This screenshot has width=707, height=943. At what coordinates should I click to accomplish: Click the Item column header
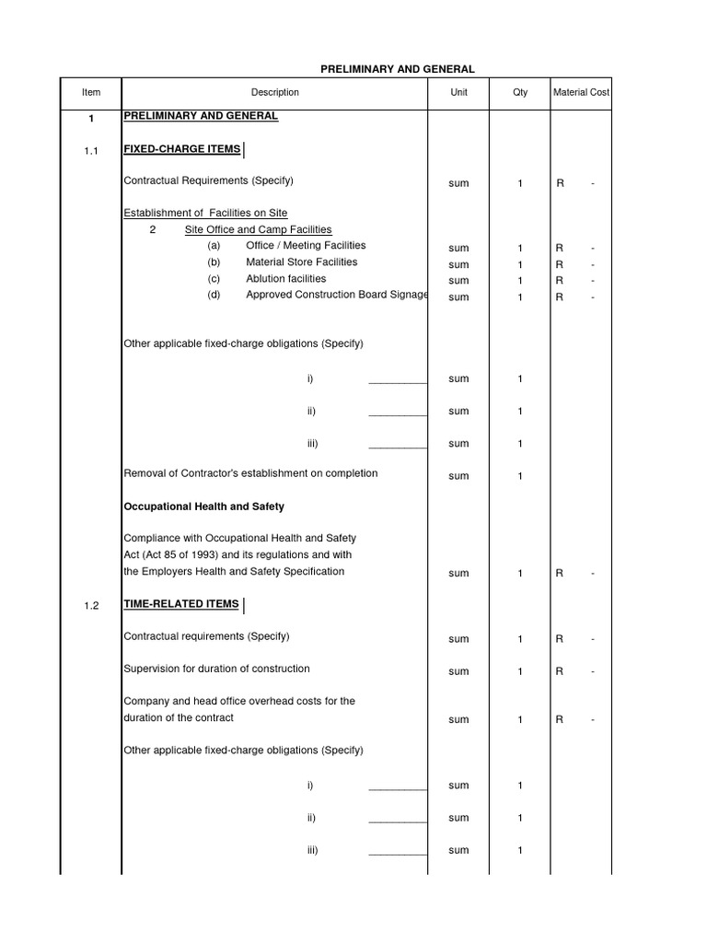coord(90,92)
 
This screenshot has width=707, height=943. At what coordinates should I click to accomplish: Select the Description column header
coord(274,92)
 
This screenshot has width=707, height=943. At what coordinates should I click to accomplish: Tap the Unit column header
coord(458,92)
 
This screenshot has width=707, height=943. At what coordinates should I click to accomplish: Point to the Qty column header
coord(520,92)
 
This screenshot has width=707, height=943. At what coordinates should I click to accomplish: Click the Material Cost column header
coord(581,92)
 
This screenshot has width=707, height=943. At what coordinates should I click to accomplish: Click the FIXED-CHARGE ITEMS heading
coord(182,149)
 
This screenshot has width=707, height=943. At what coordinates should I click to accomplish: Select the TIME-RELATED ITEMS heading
coord(181,604)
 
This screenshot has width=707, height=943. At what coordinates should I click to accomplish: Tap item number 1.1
coord(90,151)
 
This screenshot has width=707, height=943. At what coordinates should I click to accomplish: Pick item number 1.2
coord(90,606)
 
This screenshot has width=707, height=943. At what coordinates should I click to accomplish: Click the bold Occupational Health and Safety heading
coord(203,506)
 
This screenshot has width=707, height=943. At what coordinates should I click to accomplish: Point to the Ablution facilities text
coord(285,279)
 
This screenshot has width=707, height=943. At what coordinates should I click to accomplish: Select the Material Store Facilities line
coord(301,262)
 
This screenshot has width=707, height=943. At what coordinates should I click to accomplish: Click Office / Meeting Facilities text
coord(306,246)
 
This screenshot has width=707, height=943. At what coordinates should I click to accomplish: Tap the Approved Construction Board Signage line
coord(336,296)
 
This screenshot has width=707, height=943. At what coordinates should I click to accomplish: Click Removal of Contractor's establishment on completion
coord(250,473)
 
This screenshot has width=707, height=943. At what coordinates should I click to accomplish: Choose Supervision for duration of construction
coord(216,669)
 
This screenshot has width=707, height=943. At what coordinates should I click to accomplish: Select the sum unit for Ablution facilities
coord(458,281)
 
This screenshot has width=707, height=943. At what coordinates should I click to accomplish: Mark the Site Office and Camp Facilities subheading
coord(258,229)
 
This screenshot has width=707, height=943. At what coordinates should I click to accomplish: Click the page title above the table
coord(397,69)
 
